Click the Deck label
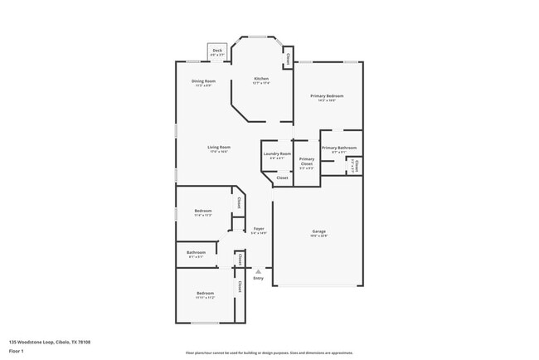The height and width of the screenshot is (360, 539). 217,51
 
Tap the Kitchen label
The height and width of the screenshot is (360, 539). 261,80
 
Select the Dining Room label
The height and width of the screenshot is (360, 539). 203,80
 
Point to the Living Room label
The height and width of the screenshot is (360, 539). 219,147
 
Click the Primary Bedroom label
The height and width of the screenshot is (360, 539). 327,96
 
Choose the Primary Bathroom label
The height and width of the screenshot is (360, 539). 339,148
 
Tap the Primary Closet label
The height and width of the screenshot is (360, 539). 307,161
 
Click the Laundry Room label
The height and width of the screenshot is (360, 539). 277,153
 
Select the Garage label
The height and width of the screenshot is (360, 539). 318,231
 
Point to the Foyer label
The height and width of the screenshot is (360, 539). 259,228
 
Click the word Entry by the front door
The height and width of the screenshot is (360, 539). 259,278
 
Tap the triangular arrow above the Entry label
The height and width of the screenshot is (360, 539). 259,270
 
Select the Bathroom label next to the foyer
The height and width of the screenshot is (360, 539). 197,252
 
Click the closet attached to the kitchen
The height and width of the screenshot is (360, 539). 288,59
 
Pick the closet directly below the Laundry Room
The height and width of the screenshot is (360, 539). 282,178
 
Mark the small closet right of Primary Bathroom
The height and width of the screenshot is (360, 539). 357,164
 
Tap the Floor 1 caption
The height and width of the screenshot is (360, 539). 17,350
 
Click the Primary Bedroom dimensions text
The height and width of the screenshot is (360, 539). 327,100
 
